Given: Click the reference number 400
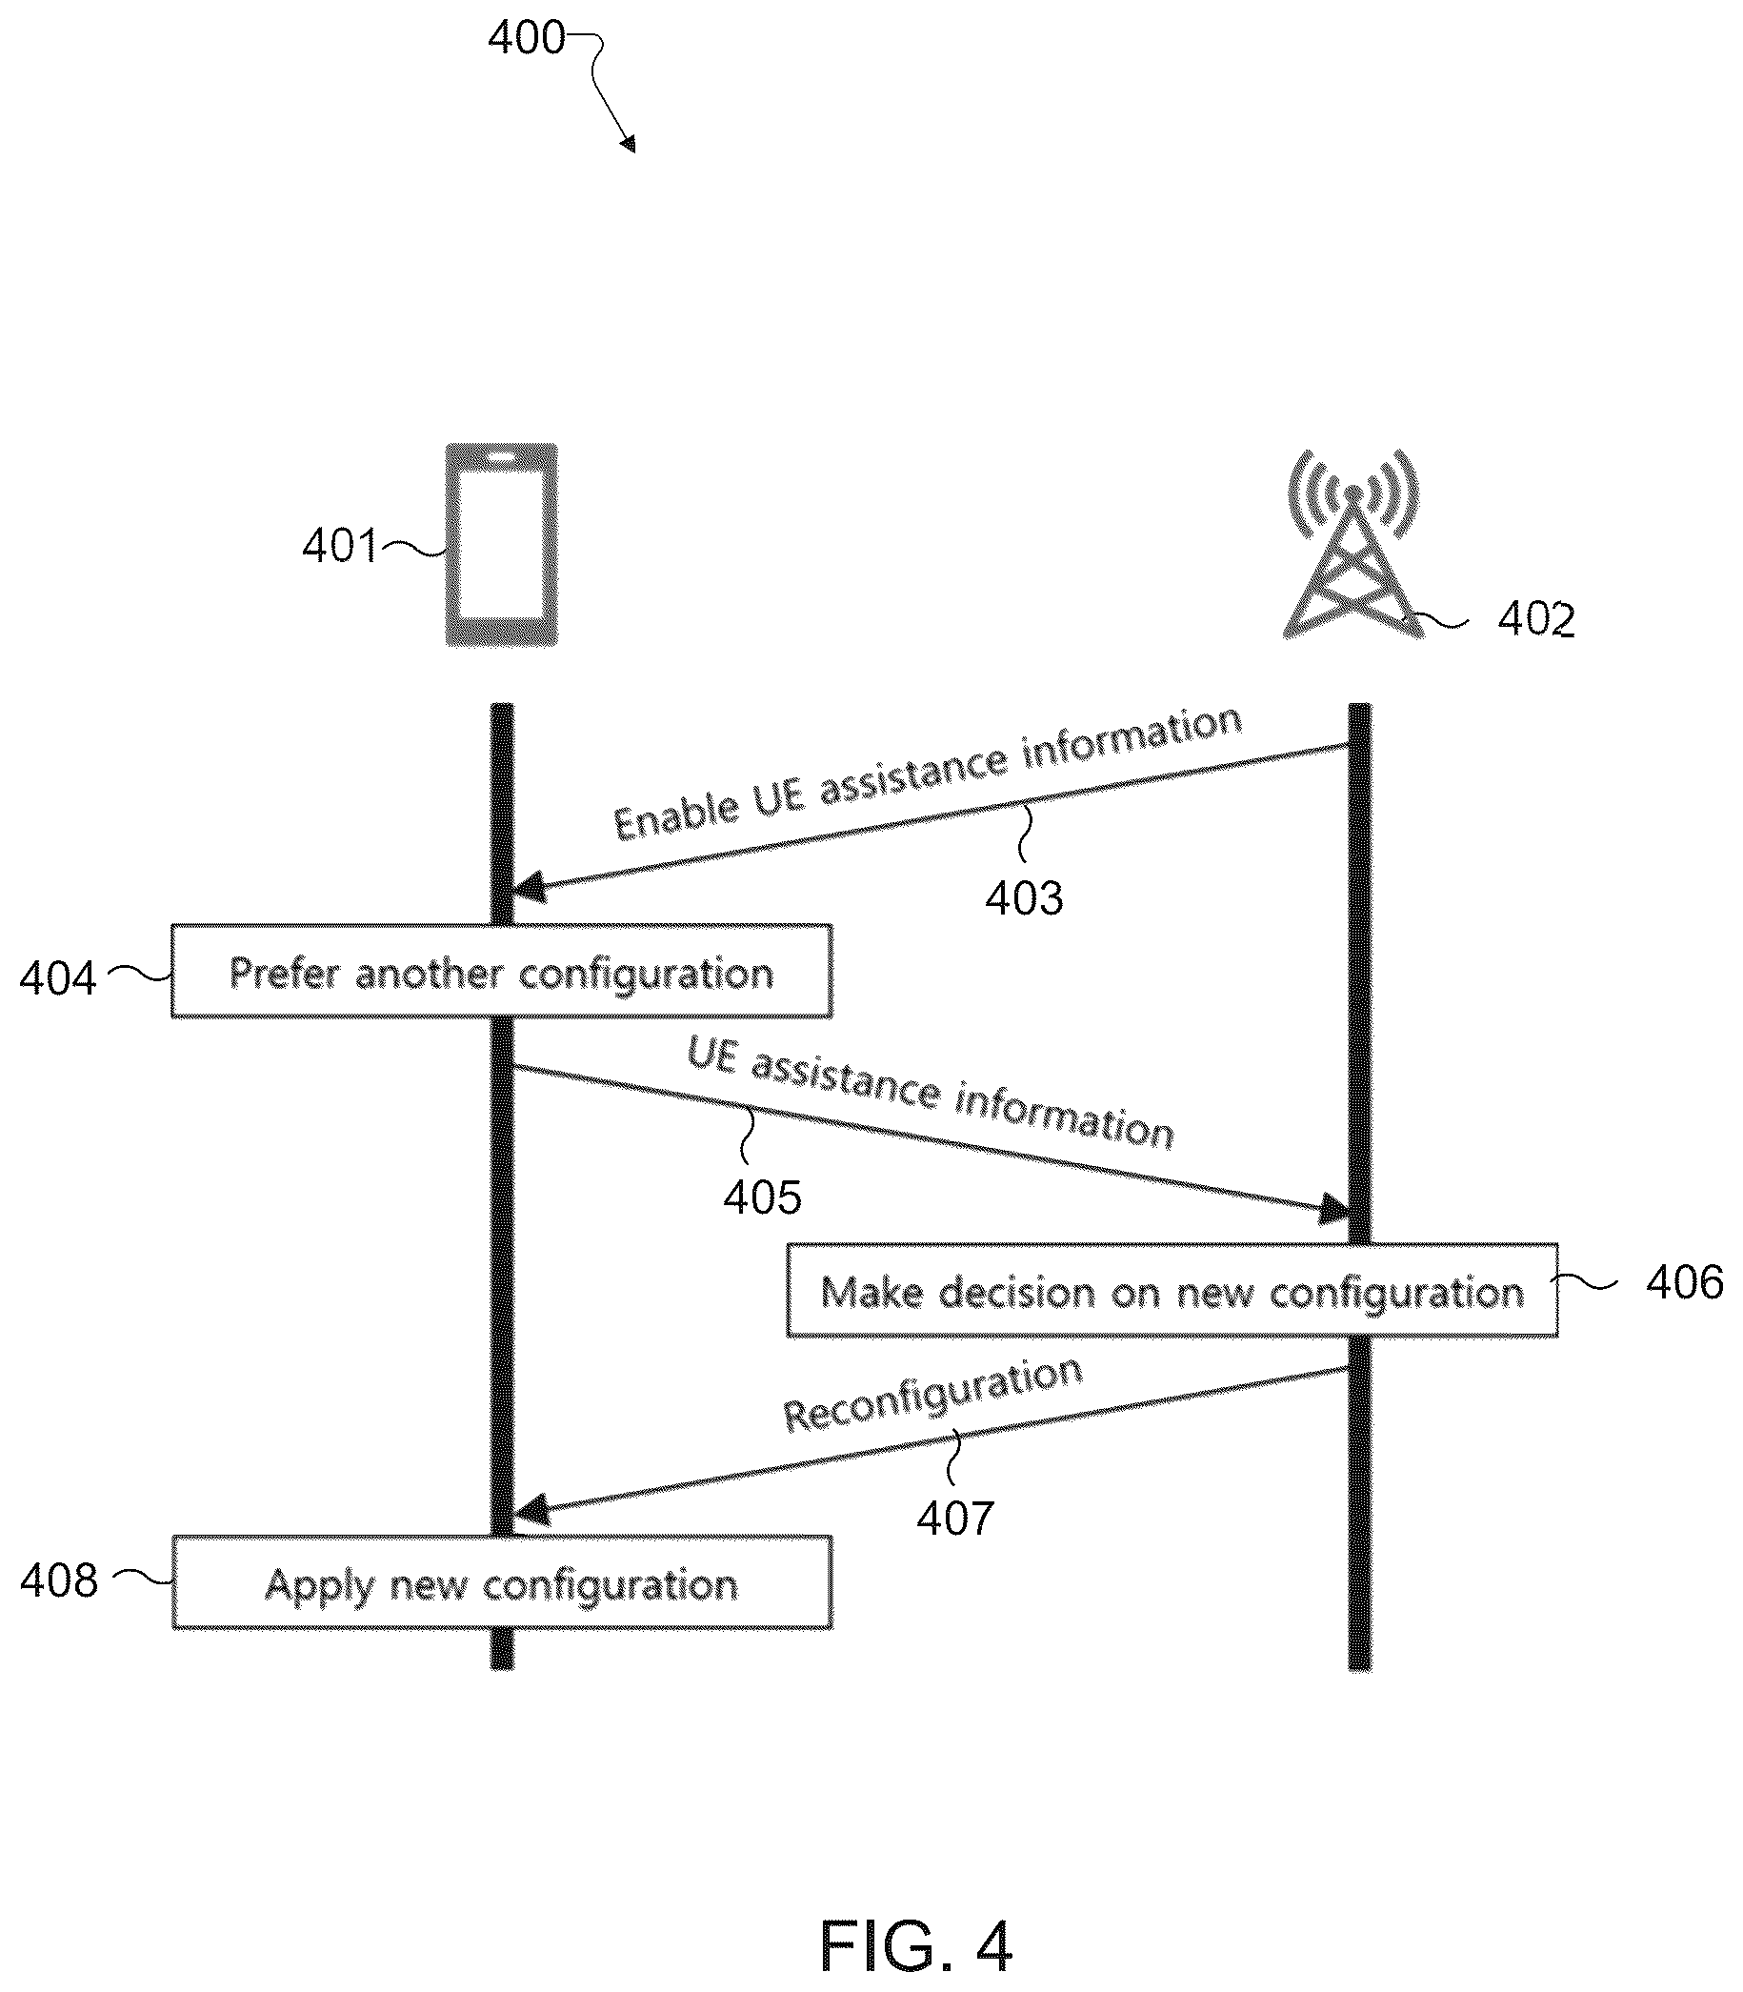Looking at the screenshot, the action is pyautogui.click(x=526, y=38).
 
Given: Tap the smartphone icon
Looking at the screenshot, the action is pyautogui.click(x=502, y=544).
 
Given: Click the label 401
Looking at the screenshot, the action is pyautogui.click(x=339, y=546).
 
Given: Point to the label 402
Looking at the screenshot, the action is pyautogui.click(x=1535, y=619).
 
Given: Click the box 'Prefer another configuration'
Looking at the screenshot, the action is pyautogui.click(x=502, y=971).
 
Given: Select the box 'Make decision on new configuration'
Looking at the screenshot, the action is pyautogui.click(x=1172, y=1290).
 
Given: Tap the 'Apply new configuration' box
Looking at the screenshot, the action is pyautogui.click(x=502, y=1582).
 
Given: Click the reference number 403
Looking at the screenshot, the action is pyautogui.click(x=1024, y=897).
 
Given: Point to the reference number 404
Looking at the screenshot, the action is pyautogui.click(x=58, y=978).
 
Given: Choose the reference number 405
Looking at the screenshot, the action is pyautogui.click(x=763, y=1197).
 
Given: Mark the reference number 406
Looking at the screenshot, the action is pyautogui.click(x=1685, y=1283).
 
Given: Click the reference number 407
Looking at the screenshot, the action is pyautogui.click(x=955, y=1519).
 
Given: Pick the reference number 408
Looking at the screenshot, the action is pyautogui.click(x=59, y=1580).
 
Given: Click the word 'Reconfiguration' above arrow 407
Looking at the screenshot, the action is pyautogui.click(x=932, y=1394).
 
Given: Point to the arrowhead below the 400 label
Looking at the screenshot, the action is pyautogui.click(x=629, y=144).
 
